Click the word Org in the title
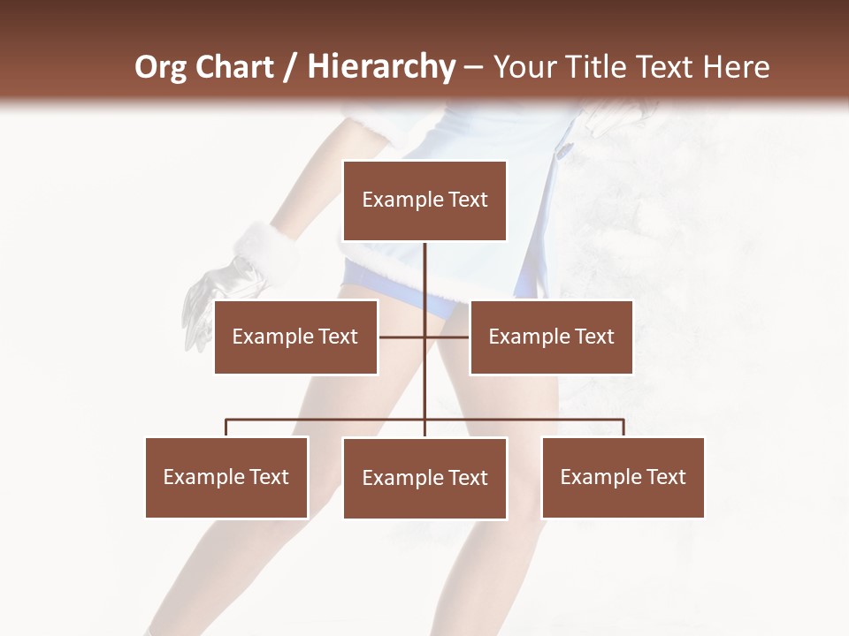162,67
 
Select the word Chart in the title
233,67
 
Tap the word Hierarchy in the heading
380,67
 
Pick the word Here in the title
736,67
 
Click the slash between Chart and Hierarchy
290,67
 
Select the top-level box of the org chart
424,201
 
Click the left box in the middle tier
295,337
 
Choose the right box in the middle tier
551,337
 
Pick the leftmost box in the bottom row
226,477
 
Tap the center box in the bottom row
424,478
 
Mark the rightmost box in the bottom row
623,477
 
